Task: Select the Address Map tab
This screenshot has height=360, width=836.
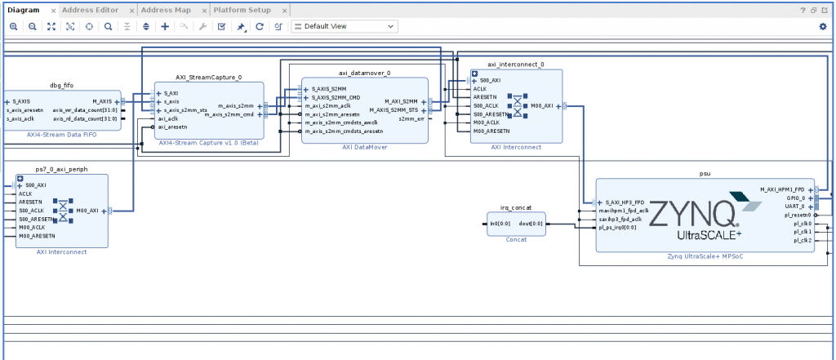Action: (x=167, y=10)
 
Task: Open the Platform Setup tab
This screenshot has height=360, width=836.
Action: (x=242, y=10)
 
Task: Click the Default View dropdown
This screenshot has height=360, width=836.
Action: (x=344, y=26)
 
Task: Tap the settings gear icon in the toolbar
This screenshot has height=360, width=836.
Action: (x=822, y=26)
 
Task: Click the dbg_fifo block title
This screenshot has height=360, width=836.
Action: (x=62, y=85)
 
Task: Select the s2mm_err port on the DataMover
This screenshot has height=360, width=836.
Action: (x=411, y=119)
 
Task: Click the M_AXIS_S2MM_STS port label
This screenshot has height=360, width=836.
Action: (x=394, y=110)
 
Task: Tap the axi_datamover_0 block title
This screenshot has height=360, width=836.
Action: (x=364, y=73)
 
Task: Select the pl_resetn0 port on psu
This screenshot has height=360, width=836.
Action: (x=797, y=215)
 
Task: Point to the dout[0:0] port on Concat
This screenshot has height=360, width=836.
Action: (x=530, y=223)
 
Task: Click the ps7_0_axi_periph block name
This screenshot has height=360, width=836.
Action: (x=61, y=169)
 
